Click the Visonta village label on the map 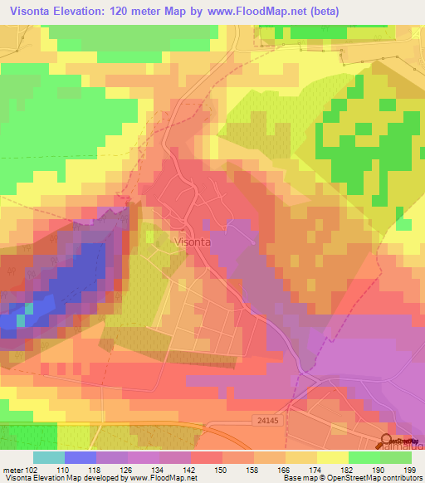click(194, 241)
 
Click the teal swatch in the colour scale click(49, 456)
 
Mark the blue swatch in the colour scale click(81, 456)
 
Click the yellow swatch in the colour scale click(331, 456)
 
